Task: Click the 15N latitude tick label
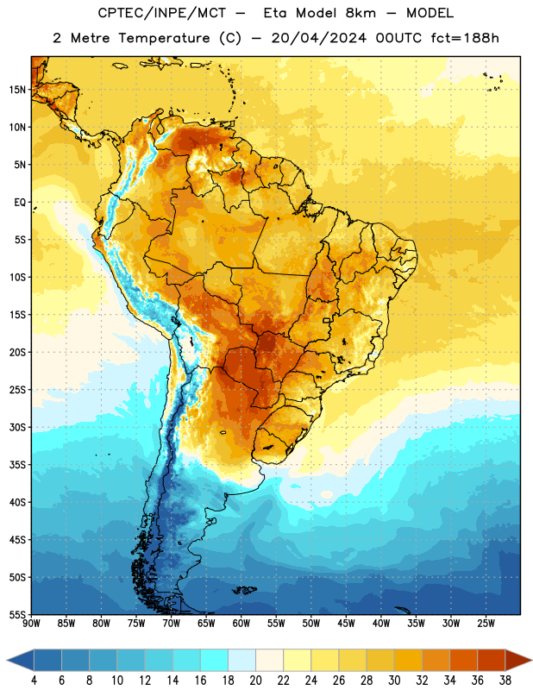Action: [x=17, y=90]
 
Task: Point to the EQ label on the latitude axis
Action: [x=20, y=203]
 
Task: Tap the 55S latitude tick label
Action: [x=17, y=615]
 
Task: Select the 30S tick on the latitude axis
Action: [x=17, y=427]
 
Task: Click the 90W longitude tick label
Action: [x=31, y=623]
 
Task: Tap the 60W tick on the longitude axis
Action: [x=241, y=623]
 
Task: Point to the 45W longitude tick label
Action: [x=346, y=623]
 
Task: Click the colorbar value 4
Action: [x=34, y=681]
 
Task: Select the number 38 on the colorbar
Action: [x=505, y=681]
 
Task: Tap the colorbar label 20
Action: [x=255, y=681]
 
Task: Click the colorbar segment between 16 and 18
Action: [x=215, y=661]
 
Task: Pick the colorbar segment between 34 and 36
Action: [x=463, y=661]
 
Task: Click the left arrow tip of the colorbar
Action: [x=7, y=661]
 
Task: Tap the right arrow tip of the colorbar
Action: [x=531, y=661]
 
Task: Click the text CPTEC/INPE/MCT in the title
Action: [x=161, y=13]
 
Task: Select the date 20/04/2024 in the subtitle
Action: [x=318, y=38]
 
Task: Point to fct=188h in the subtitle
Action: [x=465, y=38]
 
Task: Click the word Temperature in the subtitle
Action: [x=164, y=38]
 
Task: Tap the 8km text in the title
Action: [x=361, y=13]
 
